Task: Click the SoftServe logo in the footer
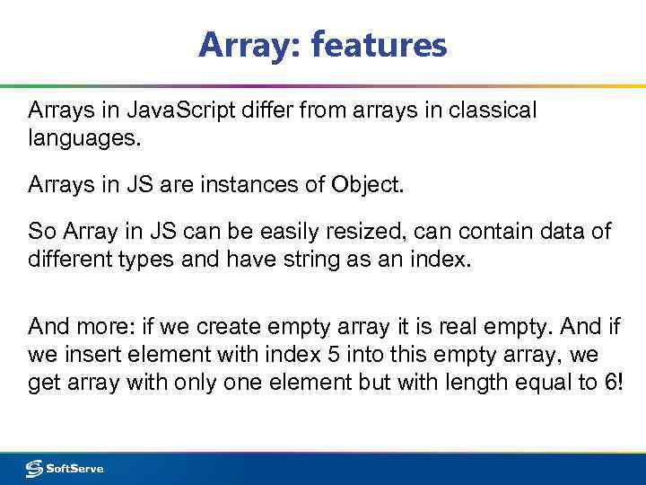coord(65,468)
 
